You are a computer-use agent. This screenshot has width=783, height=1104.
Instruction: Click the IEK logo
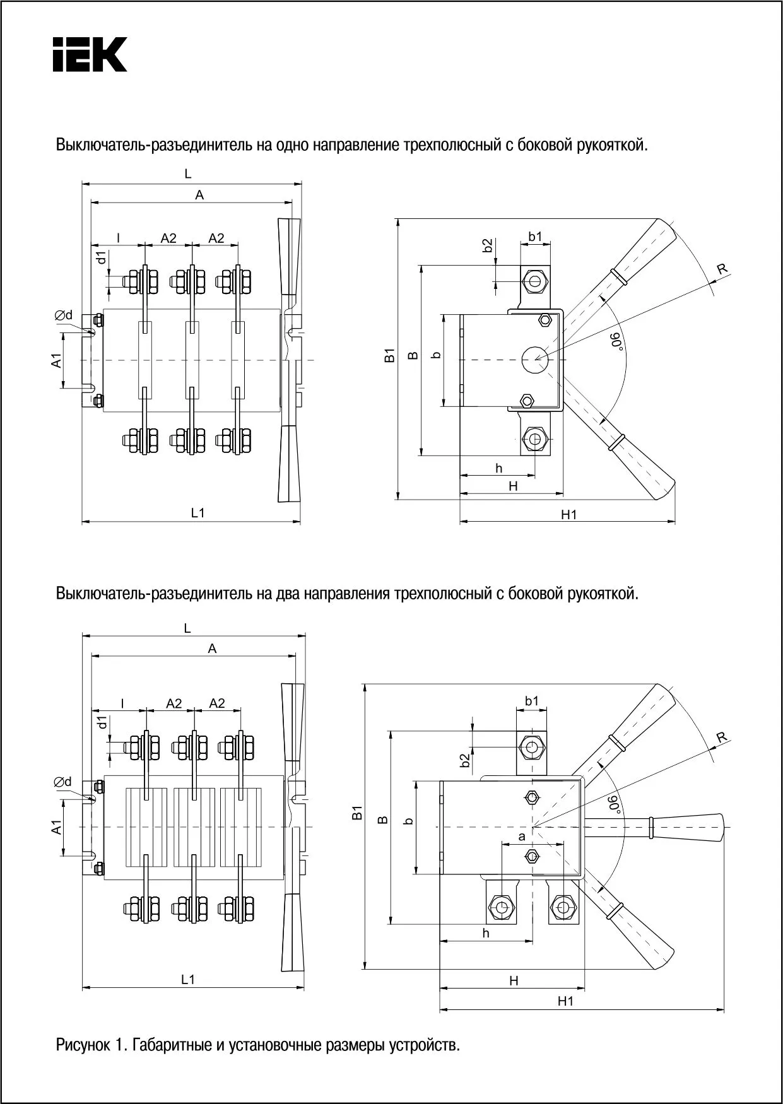click(x=90, y=54)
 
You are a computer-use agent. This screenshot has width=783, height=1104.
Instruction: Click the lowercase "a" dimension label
click(x=522, y=837)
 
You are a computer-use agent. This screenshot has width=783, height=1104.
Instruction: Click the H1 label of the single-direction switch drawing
click(x=568, y=515)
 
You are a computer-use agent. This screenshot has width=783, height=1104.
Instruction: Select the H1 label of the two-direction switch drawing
click(x=565, y=1001)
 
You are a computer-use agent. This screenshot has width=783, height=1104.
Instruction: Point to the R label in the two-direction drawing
click(x=722, y=737)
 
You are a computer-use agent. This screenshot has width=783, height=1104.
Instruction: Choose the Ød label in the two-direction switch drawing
click(x=62, y=782)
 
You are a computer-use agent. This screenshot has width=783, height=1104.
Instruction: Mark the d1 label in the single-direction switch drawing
click(x=101, y=259)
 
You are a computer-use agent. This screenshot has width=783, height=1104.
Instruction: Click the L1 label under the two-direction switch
click(x=188, y=979)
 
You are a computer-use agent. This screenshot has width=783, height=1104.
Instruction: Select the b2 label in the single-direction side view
click(x=487, y=246)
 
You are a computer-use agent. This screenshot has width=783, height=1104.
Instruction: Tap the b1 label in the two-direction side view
click(x=532, y=700)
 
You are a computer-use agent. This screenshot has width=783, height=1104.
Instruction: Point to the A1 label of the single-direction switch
click(x=56, y=361)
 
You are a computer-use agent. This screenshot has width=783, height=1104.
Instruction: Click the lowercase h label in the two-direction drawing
click(x=486, y=933)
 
